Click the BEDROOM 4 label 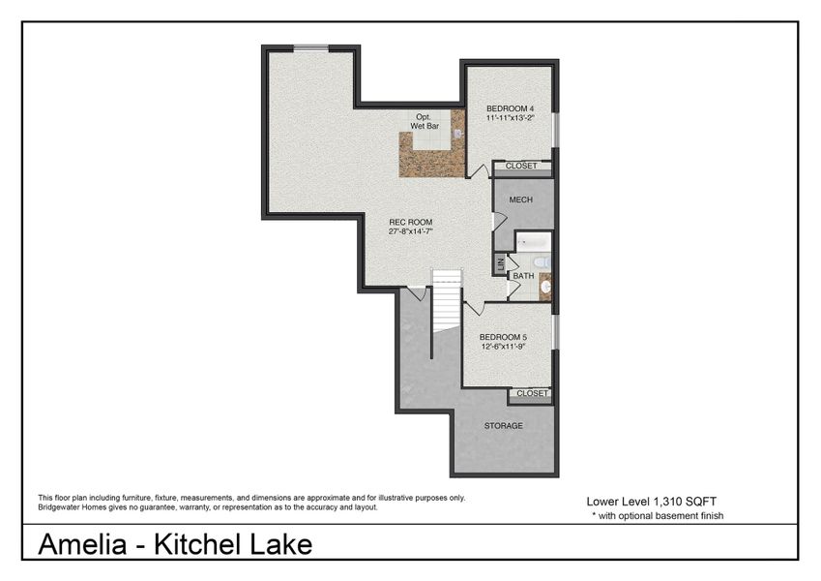point(510,107)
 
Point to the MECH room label point(521,199)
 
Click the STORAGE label point(503,425)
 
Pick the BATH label point(523,276)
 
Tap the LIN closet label point(500,262)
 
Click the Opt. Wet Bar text point(425,121)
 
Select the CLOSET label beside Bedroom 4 point(521,166)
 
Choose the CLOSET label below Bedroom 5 point(532,393)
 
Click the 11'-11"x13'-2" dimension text point(510,117)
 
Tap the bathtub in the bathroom point(533,241)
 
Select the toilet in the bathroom point(542,261)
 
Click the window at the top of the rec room point(310,47)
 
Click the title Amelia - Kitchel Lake point(175,544)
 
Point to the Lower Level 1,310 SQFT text point(651,502)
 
